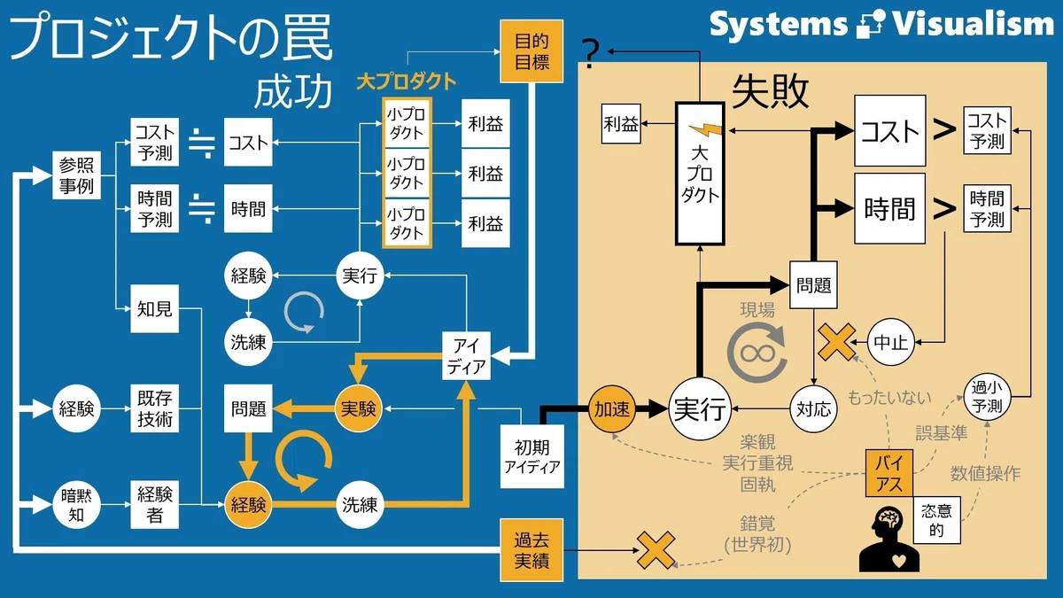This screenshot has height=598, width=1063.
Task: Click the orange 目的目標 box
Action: coord(532,51)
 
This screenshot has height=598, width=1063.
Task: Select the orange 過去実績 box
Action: coord(531,550)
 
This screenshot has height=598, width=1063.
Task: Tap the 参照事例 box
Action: coord(76,175)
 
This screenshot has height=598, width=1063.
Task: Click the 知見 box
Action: coord(155,308)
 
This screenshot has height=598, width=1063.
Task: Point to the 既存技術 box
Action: coord(155,408)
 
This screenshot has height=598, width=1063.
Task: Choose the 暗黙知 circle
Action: coord(76,505)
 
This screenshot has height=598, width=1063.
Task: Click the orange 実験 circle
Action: coord(359,408)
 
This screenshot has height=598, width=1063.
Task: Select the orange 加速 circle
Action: coord(612,408)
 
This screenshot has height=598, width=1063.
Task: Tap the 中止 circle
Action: coord(891,342)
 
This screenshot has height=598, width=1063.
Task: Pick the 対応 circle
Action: coord(814,408)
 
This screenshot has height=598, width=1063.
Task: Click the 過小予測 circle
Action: coord(987,397)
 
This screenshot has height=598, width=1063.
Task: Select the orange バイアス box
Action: coord(889,473)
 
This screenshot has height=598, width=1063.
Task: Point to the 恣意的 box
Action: coord(937,520)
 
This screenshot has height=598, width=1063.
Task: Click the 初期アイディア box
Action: coord(532,456)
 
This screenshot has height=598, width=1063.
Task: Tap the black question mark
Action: coord(590,54)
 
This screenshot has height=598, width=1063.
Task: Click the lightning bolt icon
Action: coord(706,128)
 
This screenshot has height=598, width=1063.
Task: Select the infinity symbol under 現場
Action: coord(757,353)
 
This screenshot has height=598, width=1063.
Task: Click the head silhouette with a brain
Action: coord(888,539)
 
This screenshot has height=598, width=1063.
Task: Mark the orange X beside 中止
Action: coord(836,342)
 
